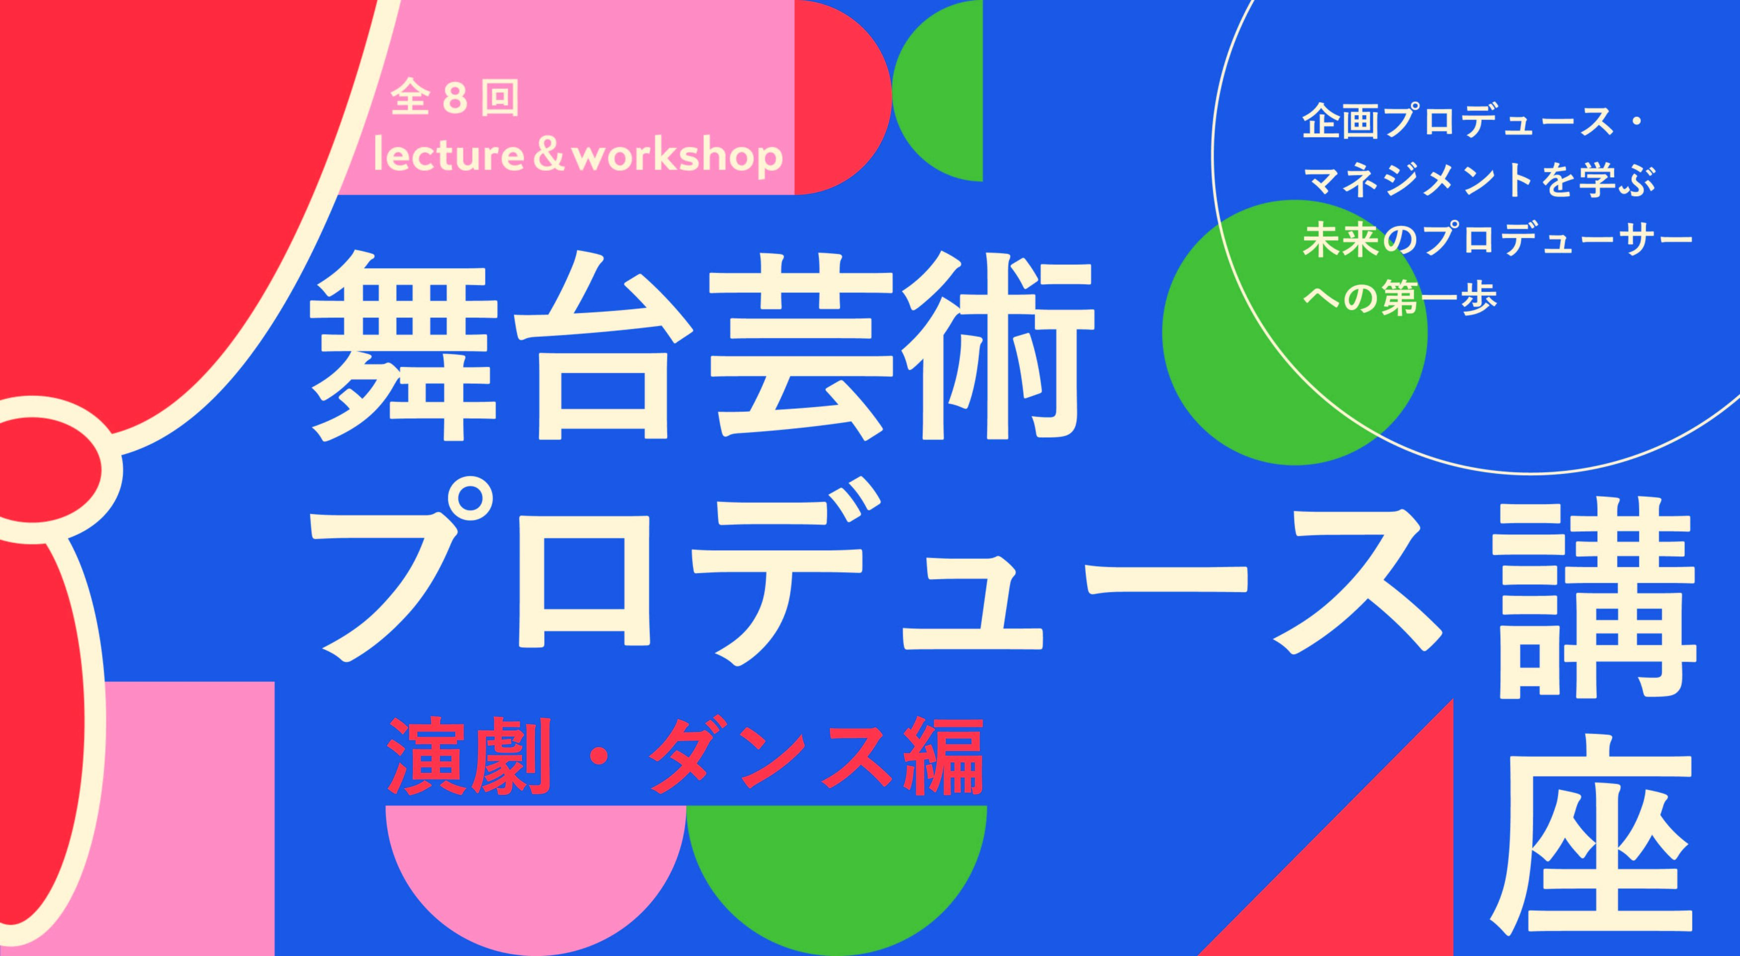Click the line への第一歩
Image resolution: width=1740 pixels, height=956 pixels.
[x=1401, y=297]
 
